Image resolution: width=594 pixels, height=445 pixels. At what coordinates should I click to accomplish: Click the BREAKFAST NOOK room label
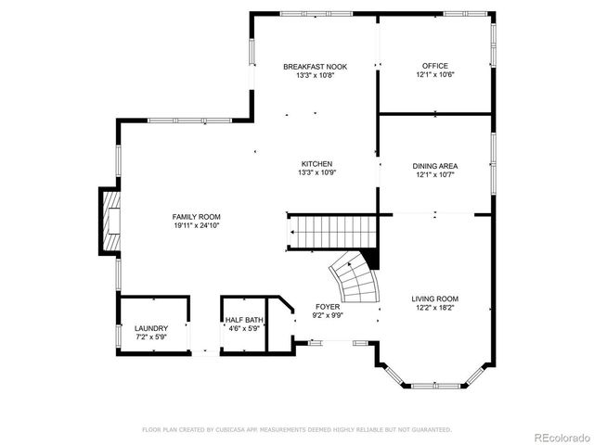click(315, 66)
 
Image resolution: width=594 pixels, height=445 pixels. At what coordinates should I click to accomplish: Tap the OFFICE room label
click(434, 66)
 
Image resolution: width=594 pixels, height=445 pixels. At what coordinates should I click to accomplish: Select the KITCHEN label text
click(316, 163)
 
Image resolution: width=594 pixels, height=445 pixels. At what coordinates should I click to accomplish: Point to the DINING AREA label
click(434, 166)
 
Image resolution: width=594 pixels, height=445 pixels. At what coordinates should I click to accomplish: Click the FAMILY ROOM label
click(196, 216)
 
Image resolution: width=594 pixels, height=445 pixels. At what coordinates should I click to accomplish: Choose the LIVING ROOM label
click(435, 299)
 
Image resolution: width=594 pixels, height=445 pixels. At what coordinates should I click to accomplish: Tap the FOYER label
click(328, 306)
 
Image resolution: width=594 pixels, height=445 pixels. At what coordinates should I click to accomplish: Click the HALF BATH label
click(244, 320)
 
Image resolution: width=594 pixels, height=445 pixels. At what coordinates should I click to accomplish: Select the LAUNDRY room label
click(151, 328)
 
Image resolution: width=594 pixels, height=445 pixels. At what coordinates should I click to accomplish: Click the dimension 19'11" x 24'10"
click(196, 225)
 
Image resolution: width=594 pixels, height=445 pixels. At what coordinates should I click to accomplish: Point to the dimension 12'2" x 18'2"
click(435, 308)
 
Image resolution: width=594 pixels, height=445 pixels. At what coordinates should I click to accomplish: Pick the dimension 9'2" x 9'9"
click(328, 315)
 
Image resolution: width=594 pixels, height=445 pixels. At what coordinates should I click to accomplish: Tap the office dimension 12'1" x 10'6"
click(434, 75)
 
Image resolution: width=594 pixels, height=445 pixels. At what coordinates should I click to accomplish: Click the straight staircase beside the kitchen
click(329, 231)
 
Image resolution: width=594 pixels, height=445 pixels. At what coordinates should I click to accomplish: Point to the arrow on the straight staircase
click(293, 231)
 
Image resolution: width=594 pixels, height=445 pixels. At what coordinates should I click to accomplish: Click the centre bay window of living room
click(434, 385)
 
